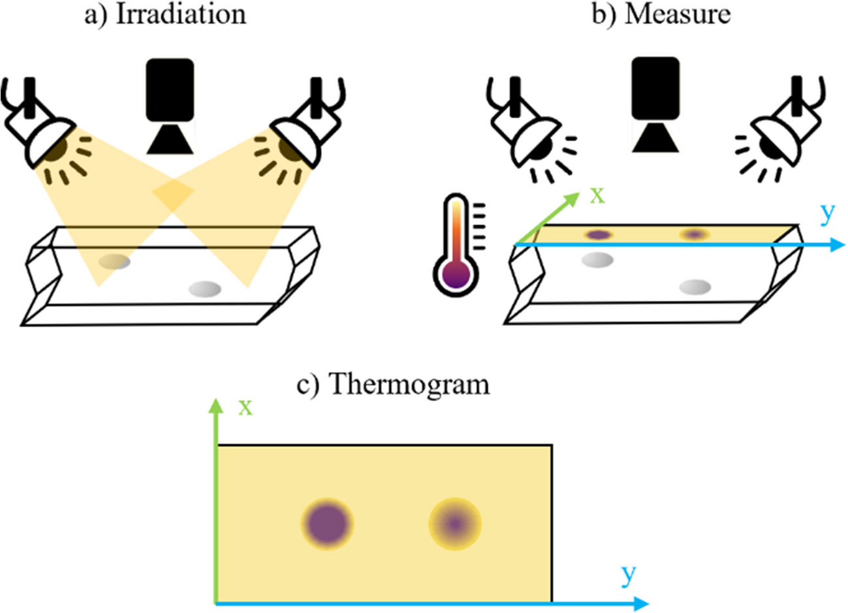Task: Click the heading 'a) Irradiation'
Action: pos(165,14)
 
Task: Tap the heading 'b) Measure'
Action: pos(661,14)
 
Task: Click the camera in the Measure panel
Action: pos(655,104)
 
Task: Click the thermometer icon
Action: pos(456,245)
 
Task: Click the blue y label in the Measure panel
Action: pos(827,213)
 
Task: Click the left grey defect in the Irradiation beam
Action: pos(114,262)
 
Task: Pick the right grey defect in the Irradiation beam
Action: pos(204,288)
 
